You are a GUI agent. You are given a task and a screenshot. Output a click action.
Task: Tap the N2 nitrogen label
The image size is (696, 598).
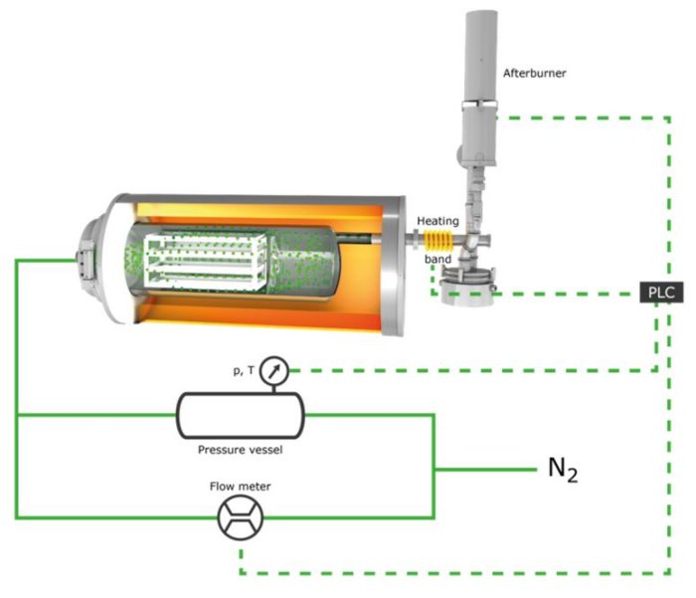coord(562,470)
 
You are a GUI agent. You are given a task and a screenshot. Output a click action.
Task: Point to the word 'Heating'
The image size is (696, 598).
coord(436,220)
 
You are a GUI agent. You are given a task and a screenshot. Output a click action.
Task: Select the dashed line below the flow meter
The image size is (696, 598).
coord(447,574)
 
